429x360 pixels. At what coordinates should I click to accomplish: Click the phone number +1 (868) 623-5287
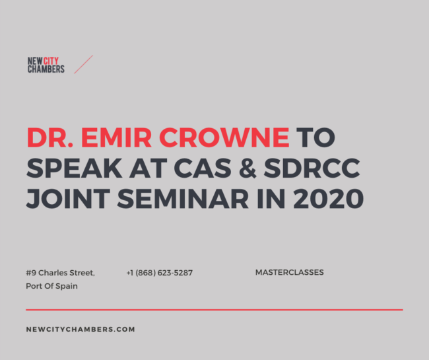tap(159, 273)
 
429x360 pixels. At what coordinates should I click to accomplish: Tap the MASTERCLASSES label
tap(289, 272)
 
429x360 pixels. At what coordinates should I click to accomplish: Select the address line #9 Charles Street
tap(61, 273)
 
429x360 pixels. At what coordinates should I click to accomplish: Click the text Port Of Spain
tap(52, 286)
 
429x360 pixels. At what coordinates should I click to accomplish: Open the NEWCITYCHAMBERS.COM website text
tap(81, 329)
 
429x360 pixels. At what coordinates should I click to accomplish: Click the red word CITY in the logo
tap(52, 61)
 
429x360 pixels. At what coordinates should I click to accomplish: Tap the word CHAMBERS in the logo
tap(46, 69)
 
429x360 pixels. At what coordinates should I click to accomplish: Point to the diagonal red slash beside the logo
tap(83, 64)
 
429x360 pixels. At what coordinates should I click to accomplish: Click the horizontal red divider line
tap(214, 309)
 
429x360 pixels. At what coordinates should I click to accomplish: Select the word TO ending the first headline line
tap(315, 137)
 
